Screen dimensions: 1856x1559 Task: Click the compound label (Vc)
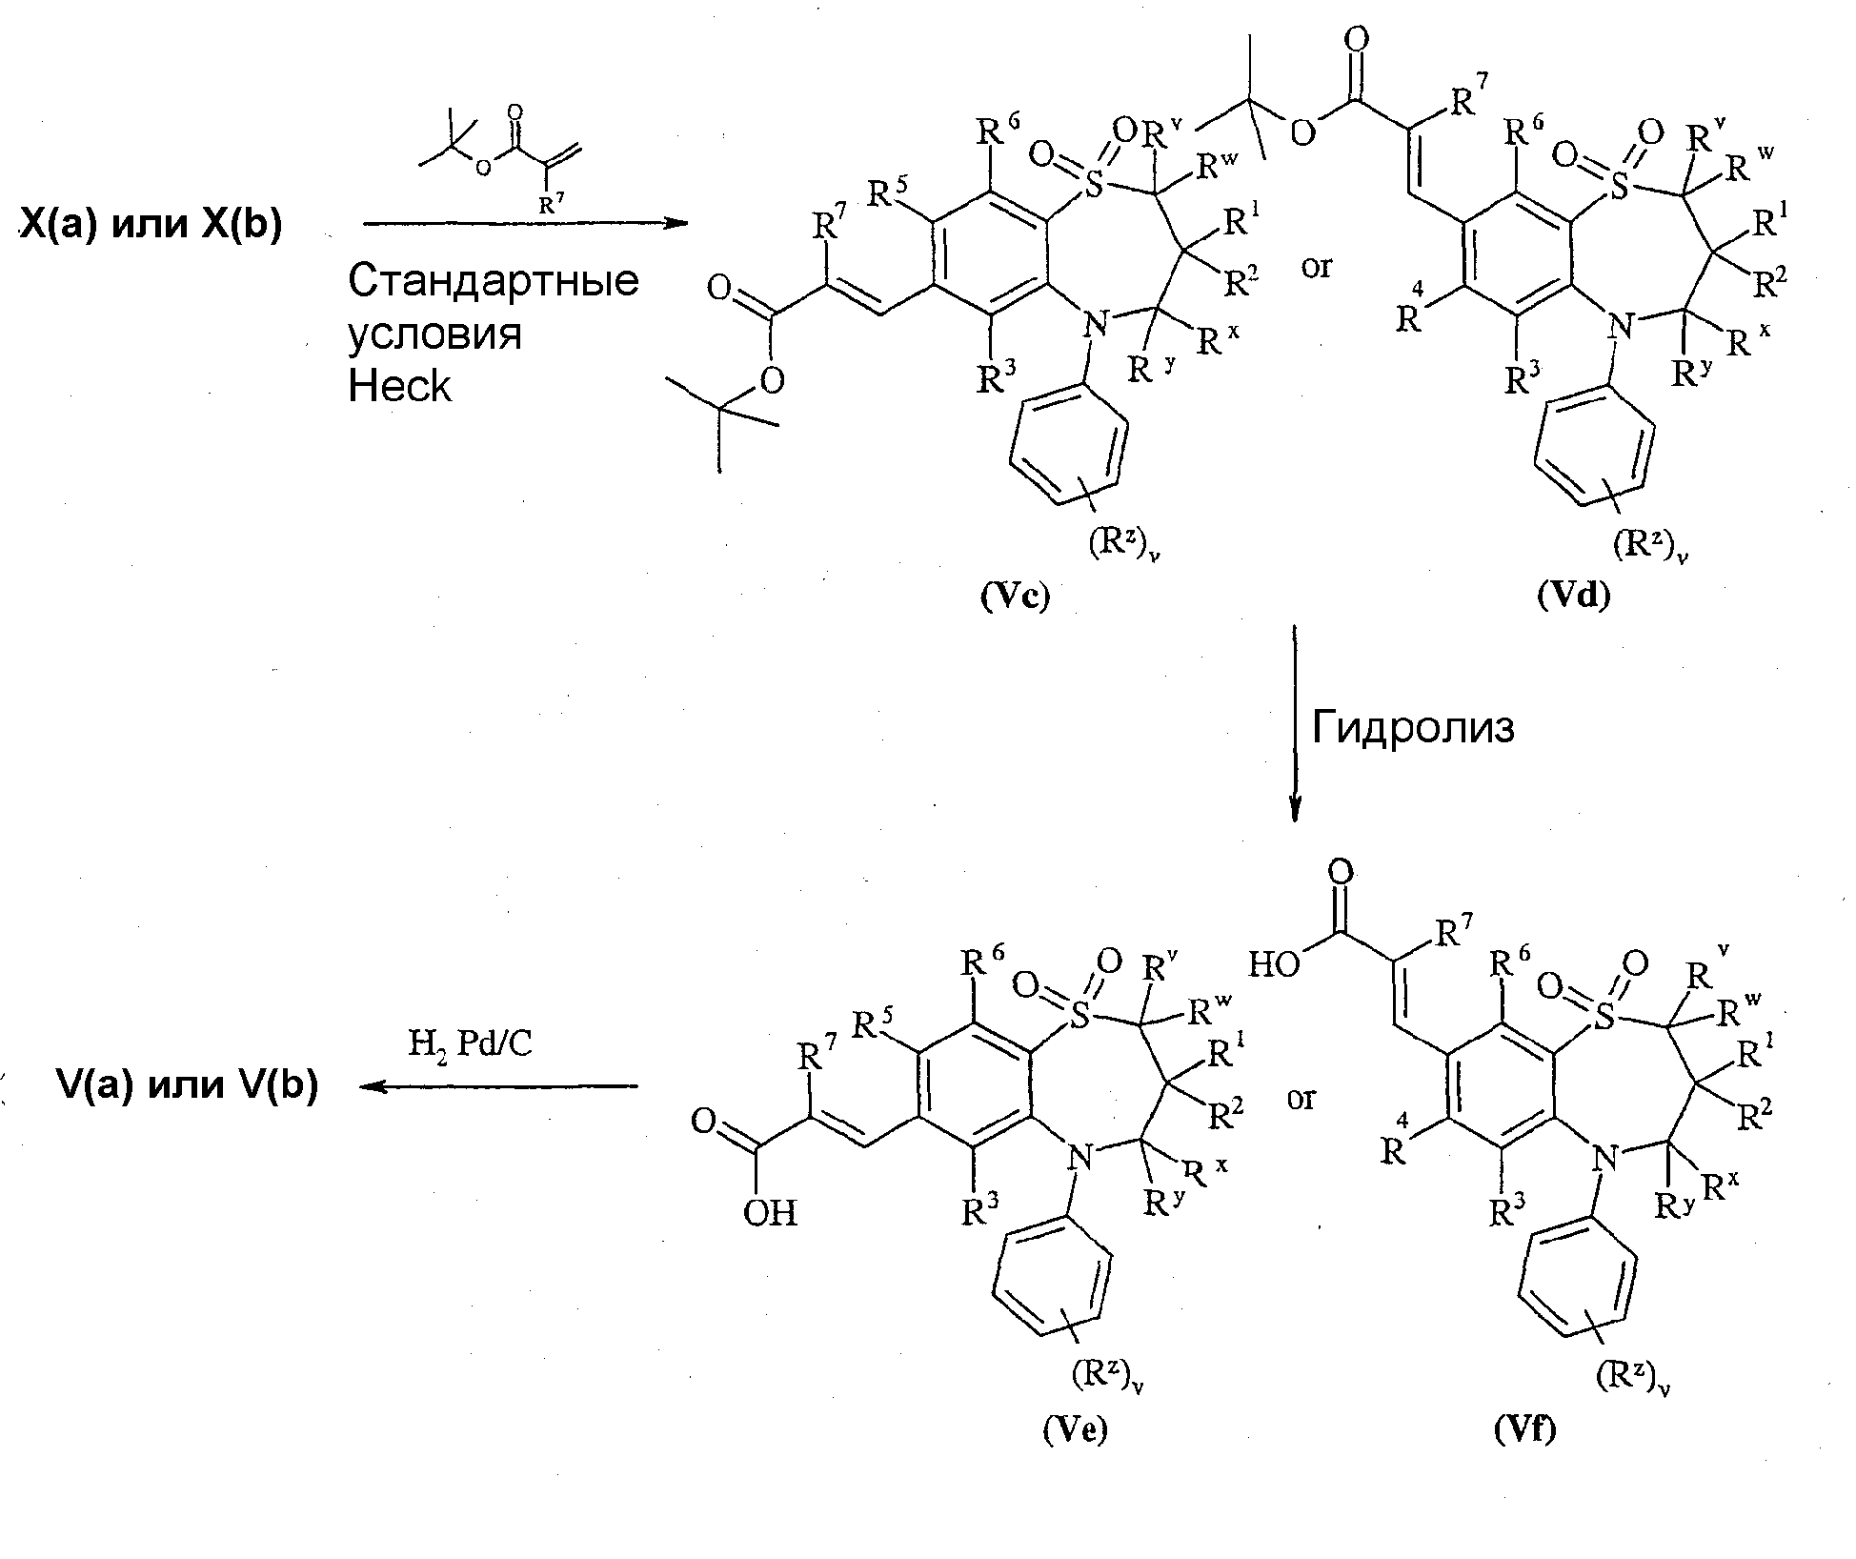tap(1015, 595)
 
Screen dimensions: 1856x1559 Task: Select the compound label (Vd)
tap(1573, 595)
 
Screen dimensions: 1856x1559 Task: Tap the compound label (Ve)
tap(1074, 1429)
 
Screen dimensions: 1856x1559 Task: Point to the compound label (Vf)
tap(1524, 1428)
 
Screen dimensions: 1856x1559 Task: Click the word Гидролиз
tap(1413, 727)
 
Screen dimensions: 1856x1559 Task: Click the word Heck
tap(399, 386)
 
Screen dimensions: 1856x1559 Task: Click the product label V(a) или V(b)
tap(187, 1085)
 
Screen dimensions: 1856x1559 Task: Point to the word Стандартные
tap(493, 280)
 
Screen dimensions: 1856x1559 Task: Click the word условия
tap(434, 334)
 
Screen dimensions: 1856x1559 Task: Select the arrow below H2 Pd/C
tap(498, 1085)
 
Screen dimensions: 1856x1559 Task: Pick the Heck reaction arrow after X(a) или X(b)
tap(526, 224)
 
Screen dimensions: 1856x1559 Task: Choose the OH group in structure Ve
tap(771, 1212)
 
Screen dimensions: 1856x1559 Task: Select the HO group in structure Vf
tap(1275, 965)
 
